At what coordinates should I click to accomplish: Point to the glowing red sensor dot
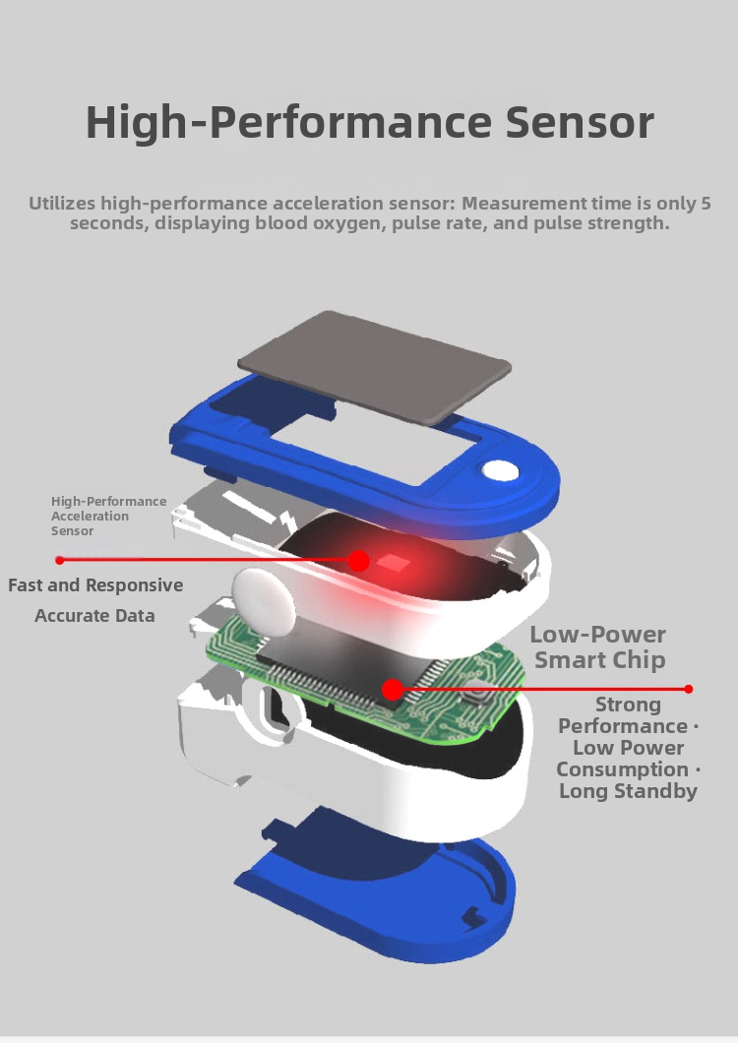(x=360, y=561)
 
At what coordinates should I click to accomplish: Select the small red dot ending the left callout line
(x=60, y=560)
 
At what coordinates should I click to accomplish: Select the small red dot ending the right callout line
(x=689, y=689)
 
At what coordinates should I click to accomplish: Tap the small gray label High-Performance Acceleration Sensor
(x=108, y=516)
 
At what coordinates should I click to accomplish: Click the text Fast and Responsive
(x=95, y=585)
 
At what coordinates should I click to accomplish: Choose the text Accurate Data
(x=94, y=616)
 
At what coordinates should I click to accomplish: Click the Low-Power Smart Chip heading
(x=598, y=646)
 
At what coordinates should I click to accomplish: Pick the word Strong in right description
(x=628, y=705)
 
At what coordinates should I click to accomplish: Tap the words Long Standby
(x=628, y=791)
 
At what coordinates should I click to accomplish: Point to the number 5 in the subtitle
(x=705, y=204)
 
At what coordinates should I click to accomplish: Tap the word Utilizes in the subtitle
(x=62, y=204)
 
